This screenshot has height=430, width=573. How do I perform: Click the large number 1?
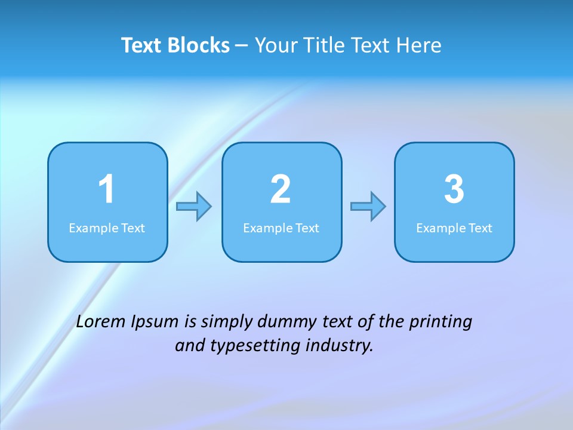coord(107,189)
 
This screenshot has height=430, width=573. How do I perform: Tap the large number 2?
coord(281,189)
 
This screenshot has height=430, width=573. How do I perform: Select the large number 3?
coord(454,189)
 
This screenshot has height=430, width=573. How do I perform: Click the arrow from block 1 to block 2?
coord(194,207)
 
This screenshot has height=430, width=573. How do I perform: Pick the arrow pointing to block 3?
coord(368,207)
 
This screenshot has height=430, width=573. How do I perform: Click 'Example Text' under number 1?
coord(107,228)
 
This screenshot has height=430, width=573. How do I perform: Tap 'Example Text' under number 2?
coord(281,228)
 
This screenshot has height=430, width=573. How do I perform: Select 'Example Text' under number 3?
coord(454,228)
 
